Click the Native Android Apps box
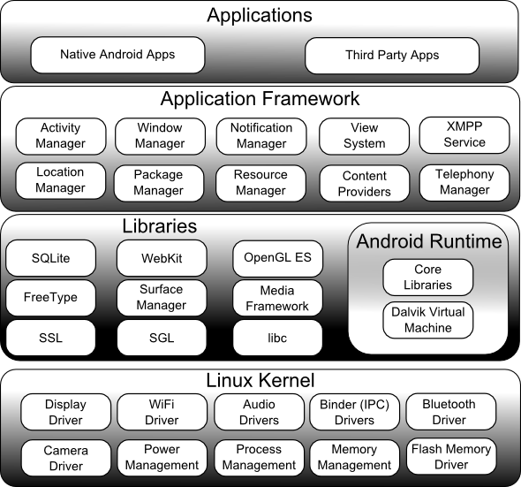[x=117, y=55]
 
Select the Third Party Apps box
[x=392, y=56]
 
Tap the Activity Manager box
[x=61, y=136]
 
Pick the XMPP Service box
[x=464, y=134]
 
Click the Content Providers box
[x=365, y=184]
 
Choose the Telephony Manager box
[x=464, y=182]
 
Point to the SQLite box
[x=49, y=259]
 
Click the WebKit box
[x=162, y=259]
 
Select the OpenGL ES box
[x=277, y=259]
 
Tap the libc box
[x=277, y=338]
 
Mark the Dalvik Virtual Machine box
[x=428, y=320]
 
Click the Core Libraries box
[x=428, y=278]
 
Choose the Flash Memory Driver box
[x=450, y=457]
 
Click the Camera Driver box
[x=65, y=458]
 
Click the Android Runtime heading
[x=429, y=241]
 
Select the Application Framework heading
[x=260, y=99]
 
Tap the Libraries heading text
[x=159, y=226]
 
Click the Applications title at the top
[x=260, y=15]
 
